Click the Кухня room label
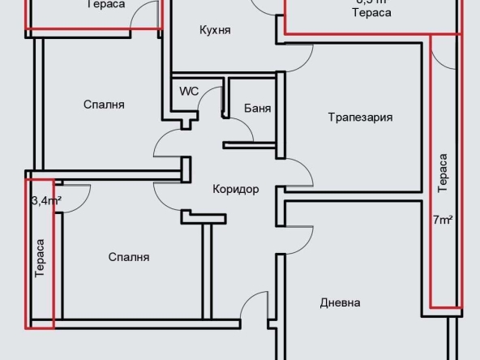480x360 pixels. tap(216, 30)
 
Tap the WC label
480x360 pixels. tap(189, 91)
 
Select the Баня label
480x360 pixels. tap(257, 108)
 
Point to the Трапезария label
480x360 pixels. tap(360, 117)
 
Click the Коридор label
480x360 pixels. tap(235, 190)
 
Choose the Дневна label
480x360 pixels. tap(340, 302)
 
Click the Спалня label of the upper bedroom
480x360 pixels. tap(104, 105)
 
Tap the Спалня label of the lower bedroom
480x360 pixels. tap(129, 257)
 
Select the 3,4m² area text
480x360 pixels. tap(46, 201)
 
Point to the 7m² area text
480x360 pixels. tap(442, 220)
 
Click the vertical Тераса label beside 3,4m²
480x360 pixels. tap(40, 259)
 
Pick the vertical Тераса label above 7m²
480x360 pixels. tap(442, 174)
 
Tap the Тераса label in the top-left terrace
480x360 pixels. tap(105, 5)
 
